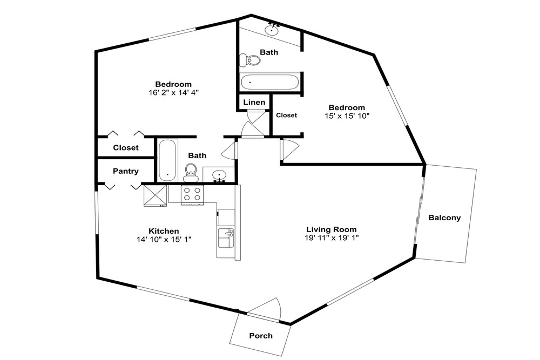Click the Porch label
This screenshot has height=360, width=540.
(x=261, y=336)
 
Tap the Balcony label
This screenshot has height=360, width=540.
(x=444, y=218)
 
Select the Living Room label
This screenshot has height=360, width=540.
(x=332, y=229)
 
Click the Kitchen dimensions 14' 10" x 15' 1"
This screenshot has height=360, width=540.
(x=164, y=240)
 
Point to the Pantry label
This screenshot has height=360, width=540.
(x=126, y=171)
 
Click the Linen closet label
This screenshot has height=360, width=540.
(x=254, y=102)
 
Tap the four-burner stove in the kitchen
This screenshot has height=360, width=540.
(x=192, y=195)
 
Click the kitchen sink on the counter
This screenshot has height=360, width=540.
(x=226, y=237)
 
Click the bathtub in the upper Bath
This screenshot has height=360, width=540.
(x=269, y=83)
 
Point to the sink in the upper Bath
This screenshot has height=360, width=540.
(x=272, y=29)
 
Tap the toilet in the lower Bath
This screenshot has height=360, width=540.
(x=191, y=172)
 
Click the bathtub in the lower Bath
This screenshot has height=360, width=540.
(x=167, y=160)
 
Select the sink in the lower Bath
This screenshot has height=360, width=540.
(x=219, y=175)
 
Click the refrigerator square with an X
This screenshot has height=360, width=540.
(x=155, y=195)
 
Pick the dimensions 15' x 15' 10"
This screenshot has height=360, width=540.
(x=347, y=116)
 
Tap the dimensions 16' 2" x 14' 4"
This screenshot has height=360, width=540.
(x=173, y=93)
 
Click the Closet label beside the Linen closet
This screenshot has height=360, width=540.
(x=286, y=116)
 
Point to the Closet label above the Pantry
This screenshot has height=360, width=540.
(x=126, y=148)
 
